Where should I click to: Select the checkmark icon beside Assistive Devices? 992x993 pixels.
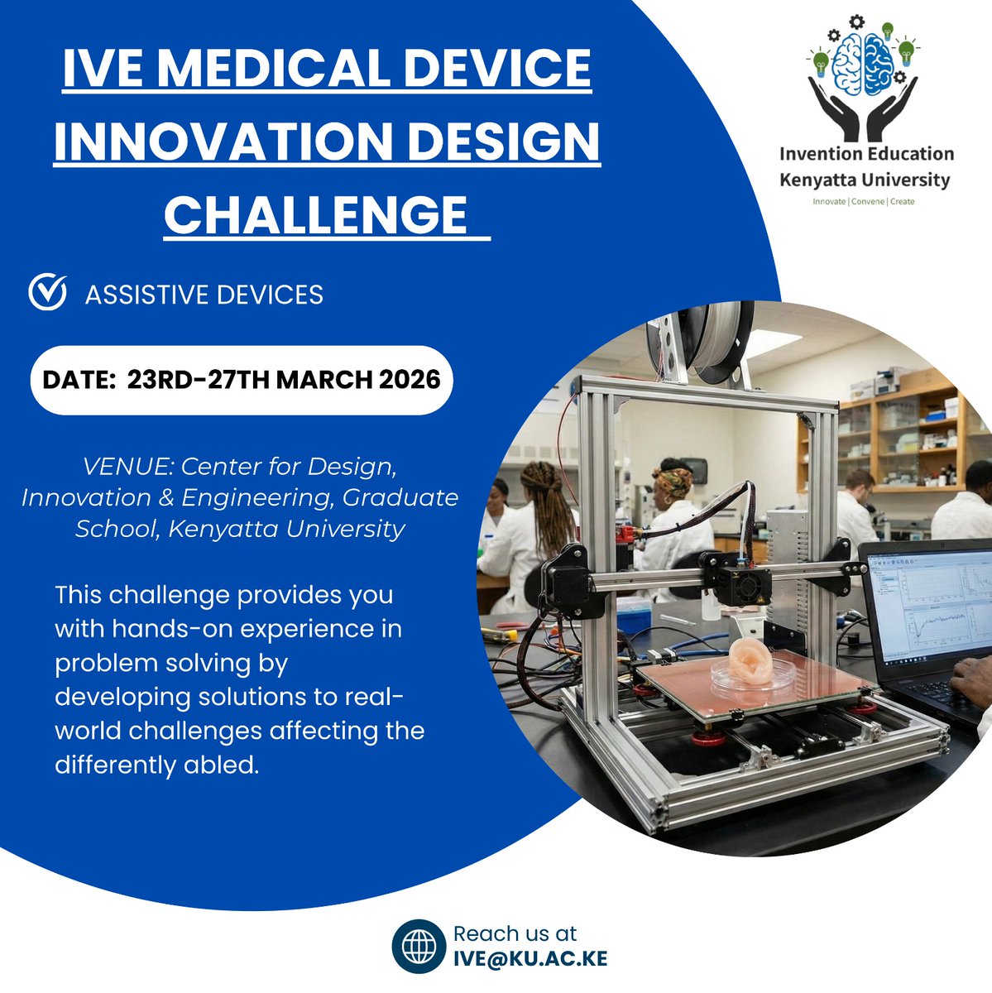[47, 293]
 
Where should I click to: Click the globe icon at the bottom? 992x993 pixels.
[419, 947]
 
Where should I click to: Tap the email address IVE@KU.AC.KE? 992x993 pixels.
[530, 959]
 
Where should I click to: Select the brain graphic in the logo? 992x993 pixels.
[865, 62]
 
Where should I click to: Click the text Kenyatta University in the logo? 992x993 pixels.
[865, 180]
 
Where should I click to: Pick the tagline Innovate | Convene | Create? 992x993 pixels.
[864, 201]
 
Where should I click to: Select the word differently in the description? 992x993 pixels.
[105, 765]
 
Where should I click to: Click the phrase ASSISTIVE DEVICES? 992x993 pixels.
[204, 295]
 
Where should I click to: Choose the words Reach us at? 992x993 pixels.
[515, 934]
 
